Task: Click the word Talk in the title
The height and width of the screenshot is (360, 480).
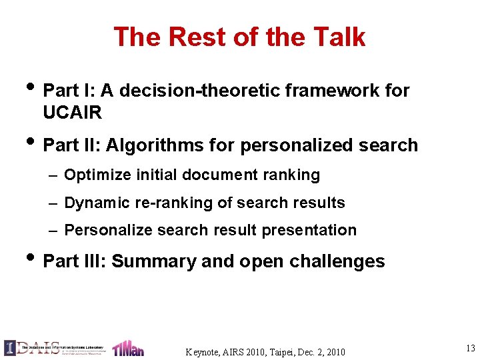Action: point(341,37)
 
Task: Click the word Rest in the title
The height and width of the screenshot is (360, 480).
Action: point(193,37)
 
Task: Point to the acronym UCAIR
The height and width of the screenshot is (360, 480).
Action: point(72,113)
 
